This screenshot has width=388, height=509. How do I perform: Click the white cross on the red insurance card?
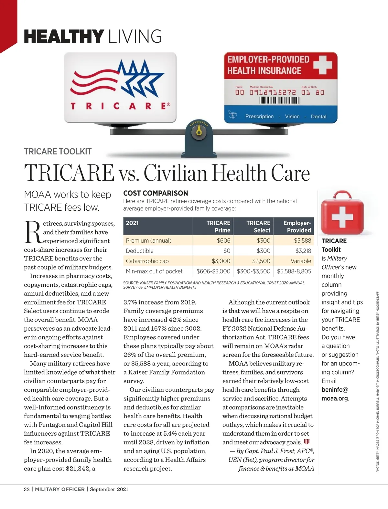click(322, 64)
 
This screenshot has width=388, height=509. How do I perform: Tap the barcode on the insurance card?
click(280, 100)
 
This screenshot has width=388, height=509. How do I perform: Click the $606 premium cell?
click(223, 240)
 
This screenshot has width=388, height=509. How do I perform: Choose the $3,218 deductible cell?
click(303, 251)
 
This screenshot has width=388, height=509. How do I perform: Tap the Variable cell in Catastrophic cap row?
click(301, 261)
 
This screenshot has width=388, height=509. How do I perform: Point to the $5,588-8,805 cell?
click(294, 271)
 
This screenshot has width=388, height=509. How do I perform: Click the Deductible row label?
click(140, 251)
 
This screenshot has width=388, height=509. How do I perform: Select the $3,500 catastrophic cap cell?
click(261, 261)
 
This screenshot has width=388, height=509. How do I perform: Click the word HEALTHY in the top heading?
click(64, 36)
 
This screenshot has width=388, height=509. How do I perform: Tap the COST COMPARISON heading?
click(156, 193)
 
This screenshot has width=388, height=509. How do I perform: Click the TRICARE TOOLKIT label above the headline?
click(58, 152)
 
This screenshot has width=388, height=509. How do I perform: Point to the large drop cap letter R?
click(33, 232)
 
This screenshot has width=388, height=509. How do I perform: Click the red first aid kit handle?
click(342, 195)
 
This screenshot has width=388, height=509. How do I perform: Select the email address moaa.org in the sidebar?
click(335, 398)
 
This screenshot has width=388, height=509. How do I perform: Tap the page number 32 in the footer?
click(27, 489)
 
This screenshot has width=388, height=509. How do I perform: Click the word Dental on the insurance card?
click(318, 116)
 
